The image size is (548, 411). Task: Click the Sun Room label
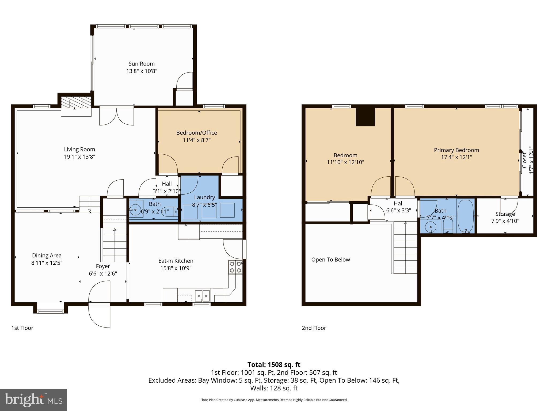pyautogui.click(x=142, y=64)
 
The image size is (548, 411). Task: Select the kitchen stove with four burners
pyautogui.click(x=235, y=267)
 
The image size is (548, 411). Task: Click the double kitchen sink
pyautogui.click(x=202, y=295)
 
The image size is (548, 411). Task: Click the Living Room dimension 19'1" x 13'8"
pyautogui.click(x=79, y=157)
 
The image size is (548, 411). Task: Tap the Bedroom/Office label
pyautogui.click(x=196, y=133)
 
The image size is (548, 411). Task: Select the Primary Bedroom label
pyautogui.click(x=456, y=150)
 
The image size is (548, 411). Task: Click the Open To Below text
pyautogui.click(x=330, y=260)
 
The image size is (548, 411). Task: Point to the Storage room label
pyautogui.click(x=505, y=214)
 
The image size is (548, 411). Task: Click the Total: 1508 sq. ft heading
pyautogui.click(x=274, y=365)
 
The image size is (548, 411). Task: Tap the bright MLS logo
pyautogui.click(x=33, y=400)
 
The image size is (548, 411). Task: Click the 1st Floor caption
pyautogui.click(x=22, y=328)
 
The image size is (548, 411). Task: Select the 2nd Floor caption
pyautogui.click(x=314, y=328)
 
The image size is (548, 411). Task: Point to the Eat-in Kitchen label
pyautogui.click(x=176, y=261)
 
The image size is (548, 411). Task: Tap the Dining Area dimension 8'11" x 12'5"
pyautogui.click(x=47, y=263)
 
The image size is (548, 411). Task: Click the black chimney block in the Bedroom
pyautogui.click(x=365, y=117)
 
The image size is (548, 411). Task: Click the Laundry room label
pyautogui.click(x=204, y=197)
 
